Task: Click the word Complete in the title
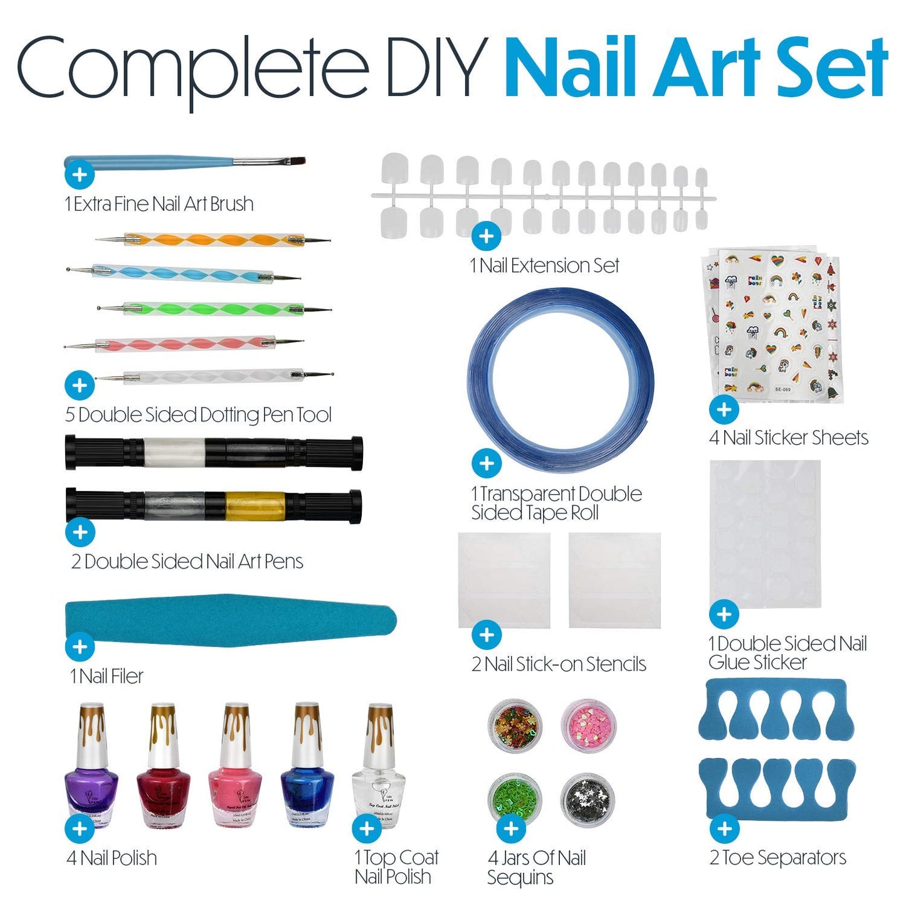pos(191,68)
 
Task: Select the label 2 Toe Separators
pos(777,857)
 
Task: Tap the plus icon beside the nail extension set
pos(486,236)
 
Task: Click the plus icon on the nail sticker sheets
pos(724,409)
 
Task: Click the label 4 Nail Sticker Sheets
pos(789,437)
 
